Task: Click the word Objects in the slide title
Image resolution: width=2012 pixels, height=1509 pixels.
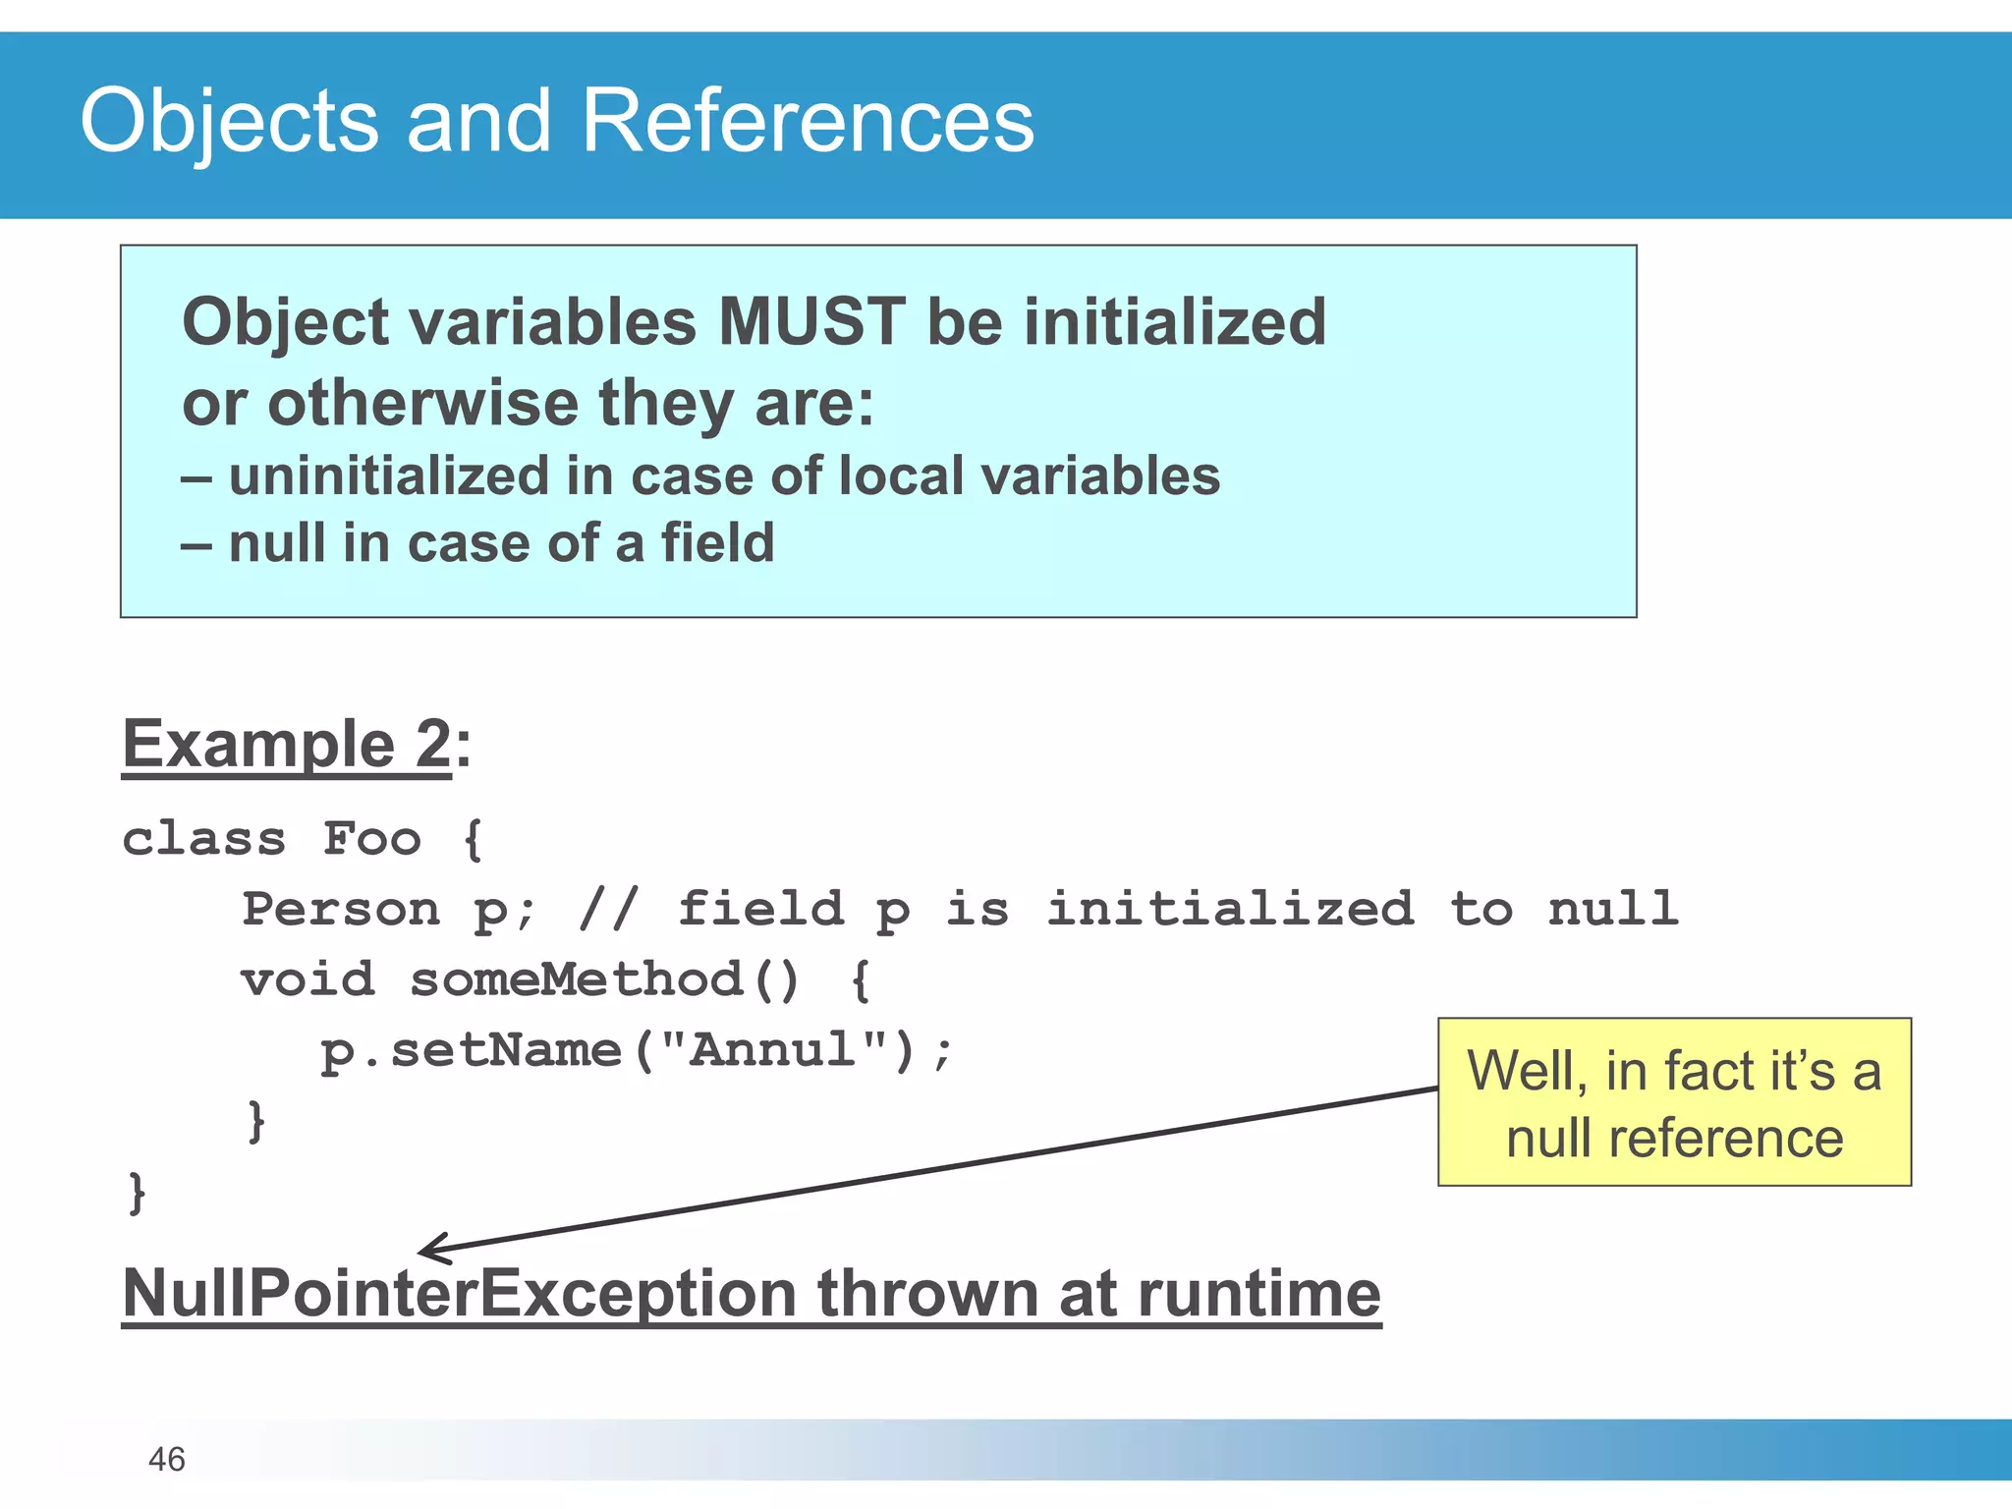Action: click(x=229, y=122)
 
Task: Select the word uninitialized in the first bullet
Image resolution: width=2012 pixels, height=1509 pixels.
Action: click(x=388, y=476)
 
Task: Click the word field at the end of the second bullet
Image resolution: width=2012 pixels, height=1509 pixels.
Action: click(x=717, y=543)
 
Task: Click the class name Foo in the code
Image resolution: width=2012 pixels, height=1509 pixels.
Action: click(x=372, y=838)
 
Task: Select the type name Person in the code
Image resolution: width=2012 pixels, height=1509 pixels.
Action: click(x=341, y=909)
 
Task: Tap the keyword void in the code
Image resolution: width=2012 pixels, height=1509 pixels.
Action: click(x=307, y=979)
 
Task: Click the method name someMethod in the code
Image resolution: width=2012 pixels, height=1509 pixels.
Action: click(x=577, y=979)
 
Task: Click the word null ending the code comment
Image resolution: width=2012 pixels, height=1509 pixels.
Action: click(x=1612, y=909)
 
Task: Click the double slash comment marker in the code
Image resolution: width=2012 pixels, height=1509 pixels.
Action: click(x=609, y=909)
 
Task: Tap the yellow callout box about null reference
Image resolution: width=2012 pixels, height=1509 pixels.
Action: click(x=1674, y=1102)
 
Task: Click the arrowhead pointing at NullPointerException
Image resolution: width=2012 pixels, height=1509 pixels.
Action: click(x=428, y=1250)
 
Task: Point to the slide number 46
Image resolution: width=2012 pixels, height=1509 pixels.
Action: click(x=166, y=1459)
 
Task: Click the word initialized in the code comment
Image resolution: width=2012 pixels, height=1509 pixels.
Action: click(x=1229, y=909)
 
